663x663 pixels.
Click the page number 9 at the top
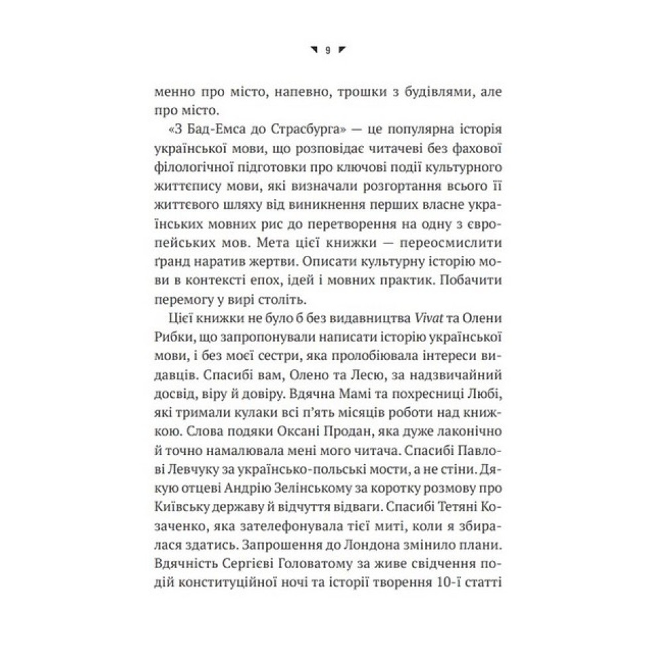click(327, 49)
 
